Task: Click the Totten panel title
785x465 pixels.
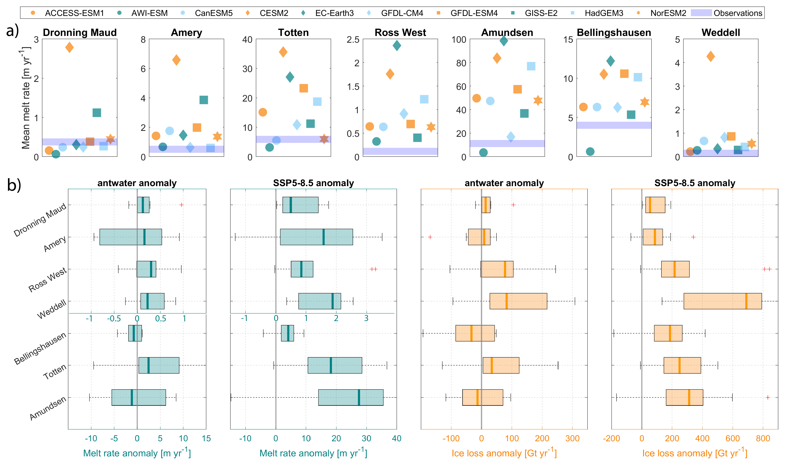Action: coord(293,33)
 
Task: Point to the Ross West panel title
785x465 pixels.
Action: coord(400,33)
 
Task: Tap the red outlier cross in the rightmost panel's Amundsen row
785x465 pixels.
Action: coord(768,397)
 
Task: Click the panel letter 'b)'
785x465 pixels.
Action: coord(14,185)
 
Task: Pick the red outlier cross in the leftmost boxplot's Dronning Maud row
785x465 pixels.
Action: coord(181,205)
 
